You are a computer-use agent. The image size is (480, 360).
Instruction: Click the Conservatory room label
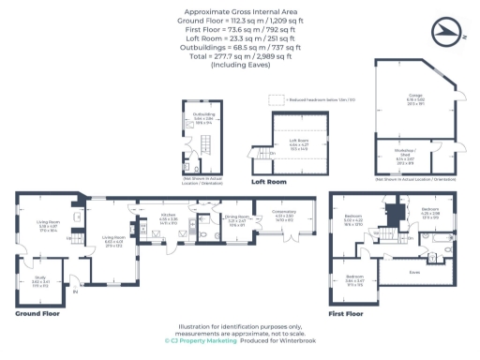click(283, 215)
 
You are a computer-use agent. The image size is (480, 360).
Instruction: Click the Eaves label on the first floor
click(413, 272)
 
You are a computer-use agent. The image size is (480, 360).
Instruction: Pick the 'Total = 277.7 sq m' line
click(239, 56)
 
